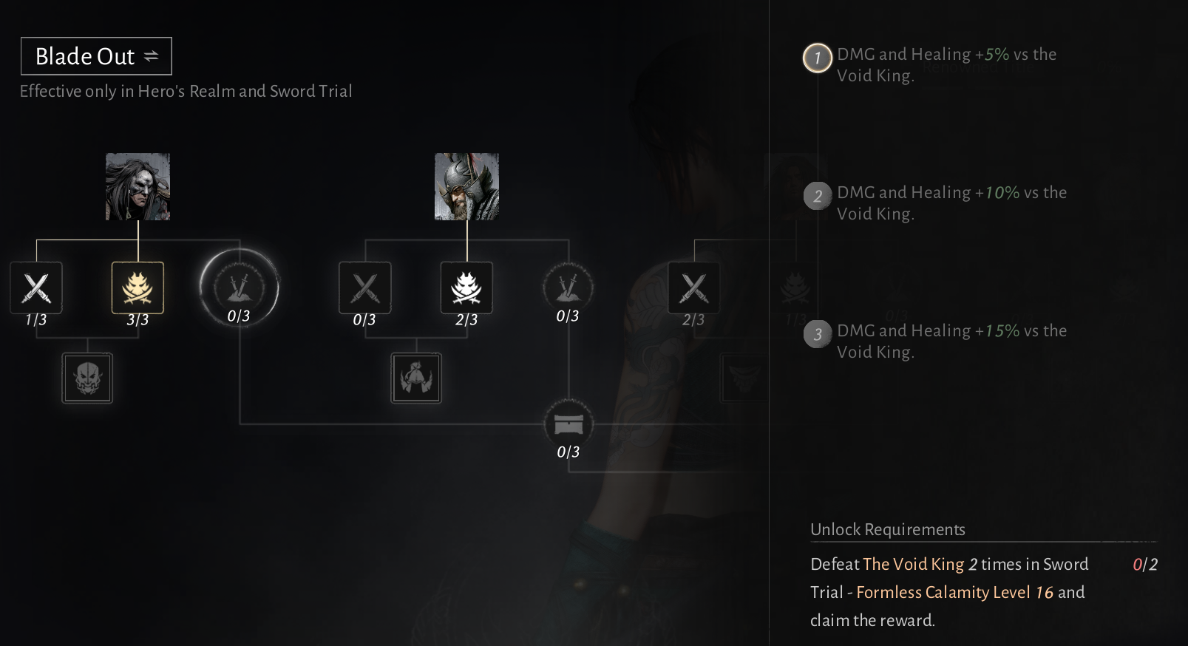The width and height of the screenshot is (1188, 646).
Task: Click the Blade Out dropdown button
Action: point(96,56)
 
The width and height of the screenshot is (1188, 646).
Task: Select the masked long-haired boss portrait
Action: point(138,186)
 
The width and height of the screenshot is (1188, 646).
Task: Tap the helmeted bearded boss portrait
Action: point(466,186)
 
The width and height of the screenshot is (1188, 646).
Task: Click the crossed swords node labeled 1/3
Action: point(36,288)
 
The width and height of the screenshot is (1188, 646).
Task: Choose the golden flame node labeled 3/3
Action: point(138,288)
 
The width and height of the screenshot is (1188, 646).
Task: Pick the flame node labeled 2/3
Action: point(466,288)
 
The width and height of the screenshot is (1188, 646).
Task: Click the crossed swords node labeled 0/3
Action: point(365,288)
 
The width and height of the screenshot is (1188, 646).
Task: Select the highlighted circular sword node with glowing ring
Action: point(239,288)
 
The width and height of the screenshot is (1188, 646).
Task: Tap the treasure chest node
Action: point(568,424)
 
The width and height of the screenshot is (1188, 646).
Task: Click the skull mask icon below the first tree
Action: point(87,378)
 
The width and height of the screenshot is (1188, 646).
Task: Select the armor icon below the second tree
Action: point(416,378)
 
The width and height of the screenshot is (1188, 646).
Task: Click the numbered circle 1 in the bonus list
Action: point(817,58)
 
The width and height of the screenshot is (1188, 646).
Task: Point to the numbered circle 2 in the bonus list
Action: point(817,196)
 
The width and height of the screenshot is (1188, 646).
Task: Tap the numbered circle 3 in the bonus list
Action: point(817,334)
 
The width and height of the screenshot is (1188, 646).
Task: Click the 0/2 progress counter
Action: point(1144,565)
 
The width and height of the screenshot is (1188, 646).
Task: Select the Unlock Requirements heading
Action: point(887,529)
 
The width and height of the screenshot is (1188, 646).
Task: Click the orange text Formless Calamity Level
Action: point(943,592)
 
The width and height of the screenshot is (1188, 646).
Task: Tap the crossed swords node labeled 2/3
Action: point(693,288)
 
